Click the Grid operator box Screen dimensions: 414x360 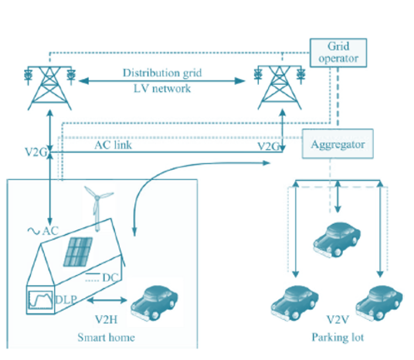pos(338,53)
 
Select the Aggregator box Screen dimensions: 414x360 pos(338,144)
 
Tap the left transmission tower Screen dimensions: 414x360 pos(49,88)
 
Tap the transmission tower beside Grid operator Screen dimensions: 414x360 pos(280,87)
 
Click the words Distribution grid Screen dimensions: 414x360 pos(162,73)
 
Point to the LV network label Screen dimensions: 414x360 pos(162,89)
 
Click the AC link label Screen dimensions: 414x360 pos(113,145)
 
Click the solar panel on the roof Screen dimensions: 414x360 pos(78,251)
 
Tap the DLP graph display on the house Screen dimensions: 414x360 pos(41,300)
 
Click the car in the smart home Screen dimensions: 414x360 pos(154,303)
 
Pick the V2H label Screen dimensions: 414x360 pos(106,320)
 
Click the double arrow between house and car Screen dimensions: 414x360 pos(107,301)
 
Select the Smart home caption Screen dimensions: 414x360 pos(106,338)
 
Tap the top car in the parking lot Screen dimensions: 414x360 pos(337,239)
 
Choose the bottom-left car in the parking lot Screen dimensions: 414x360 pos(294,304)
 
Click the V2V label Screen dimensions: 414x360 pos(338,320)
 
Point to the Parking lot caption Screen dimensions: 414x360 pos(338,338)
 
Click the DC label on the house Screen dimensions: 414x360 pos(110,277)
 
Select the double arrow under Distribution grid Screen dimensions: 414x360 pos(162,81)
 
